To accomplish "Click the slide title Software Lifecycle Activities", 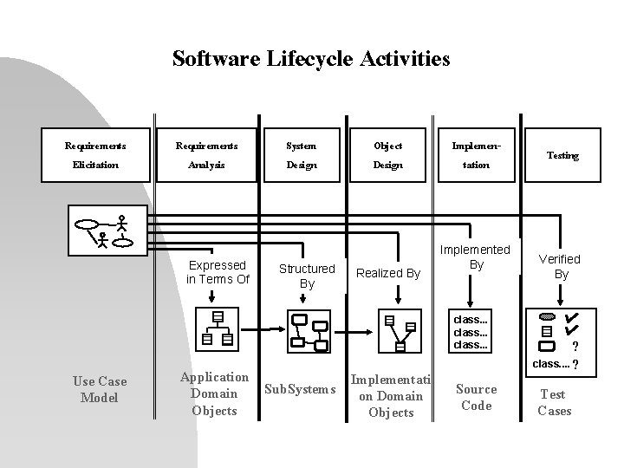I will coord(311,59).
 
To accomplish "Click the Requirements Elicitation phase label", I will coord(95,155).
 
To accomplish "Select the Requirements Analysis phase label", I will coord(205,155).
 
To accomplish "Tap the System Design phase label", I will coord(302,155).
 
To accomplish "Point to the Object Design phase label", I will coord(387,155).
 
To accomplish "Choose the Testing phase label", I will coord(562,156).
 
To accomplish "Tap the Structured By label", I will coord(307,276).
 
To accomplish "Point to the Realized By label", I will coord(389,273).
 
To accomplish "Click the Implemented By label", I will coord(476,257).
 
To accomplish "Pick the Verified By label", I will coord(561,266).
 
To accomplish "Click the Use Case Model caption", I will coord(100,389).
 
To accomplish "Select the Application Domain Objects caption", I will coord(214,393).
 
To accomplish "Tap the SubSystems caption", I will coord(299,389).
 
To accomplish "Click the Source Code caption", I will coord(476,397).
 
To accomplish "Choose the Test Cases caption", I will coord(554,402).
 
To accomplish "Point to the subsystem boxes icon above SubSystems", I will coord(308,330).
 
